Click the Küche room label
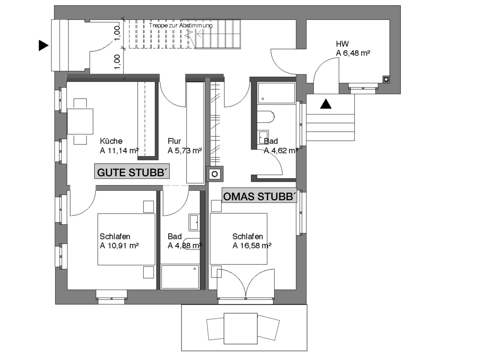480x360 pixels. [111, 141]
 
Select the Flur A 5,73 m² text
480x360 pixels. [184, 146]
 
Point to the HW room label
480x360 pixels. [342, 44]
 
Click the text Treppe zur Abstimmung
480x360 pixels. [181, 26]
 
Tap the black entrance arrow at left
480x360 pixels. [44, 45]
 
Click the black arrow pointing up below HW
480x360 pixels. [326, 104]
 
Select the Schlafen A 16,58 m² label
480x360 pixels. [252, 241]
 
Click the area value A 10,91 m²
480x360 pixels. [119, 246]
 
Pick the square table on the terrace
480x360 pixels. [240, 328]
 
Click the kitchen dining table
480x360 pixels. [80, 122]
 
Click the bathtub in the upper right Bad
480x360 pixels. [276, 93]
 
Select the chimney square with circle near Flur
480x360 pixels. [215, 174]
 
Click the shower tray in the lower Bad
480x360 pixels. [180, 277]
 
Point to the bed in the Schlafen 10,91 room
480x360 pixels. [126, 239]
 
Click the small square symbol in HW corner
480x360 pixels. [386, 79]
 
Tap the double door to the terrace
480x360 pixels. [245, 284]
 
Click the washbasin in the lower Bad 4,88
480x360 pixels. [194, 222]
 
